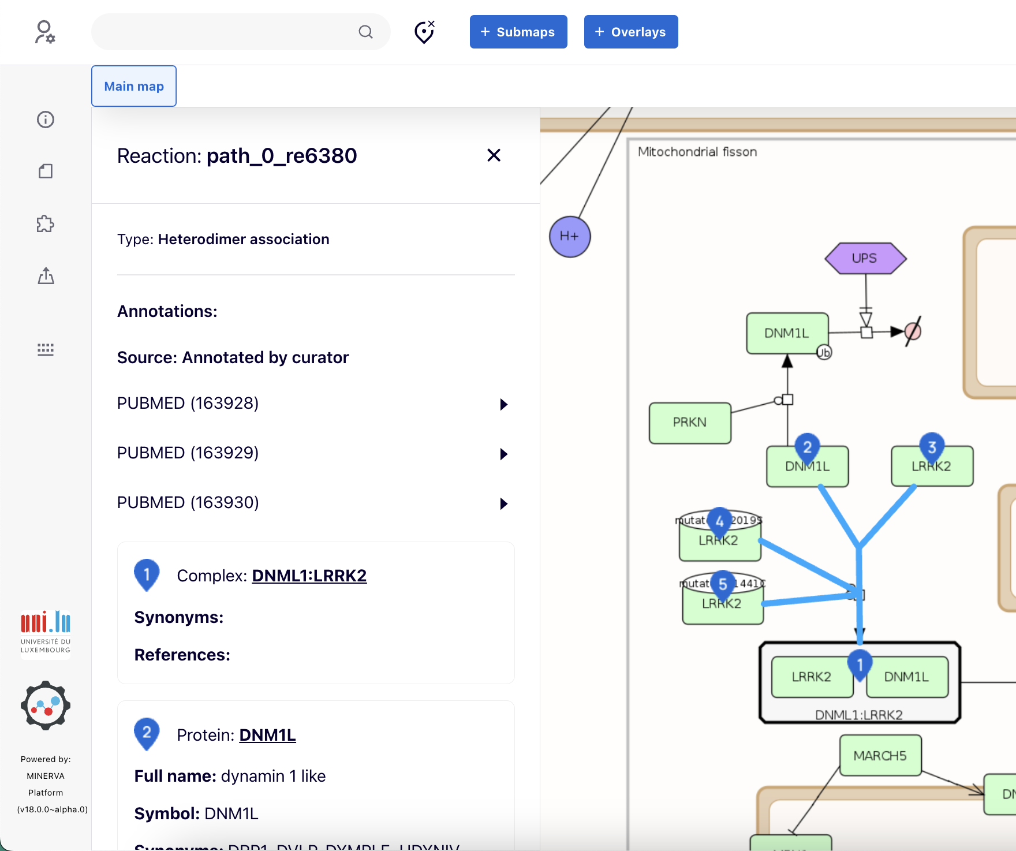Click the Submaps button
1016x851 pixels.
518,32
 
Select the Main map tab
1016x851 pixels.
134,86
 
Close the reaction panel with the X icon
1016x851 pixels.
494,155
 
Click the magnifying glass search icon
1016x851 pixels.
365,32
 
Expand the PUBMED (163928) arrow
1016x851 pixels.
503,404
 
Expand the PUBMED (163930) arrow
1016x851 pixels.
503,503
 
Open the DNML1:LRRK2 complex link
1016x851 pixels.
309,576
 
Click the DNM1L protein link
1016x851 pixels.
267,735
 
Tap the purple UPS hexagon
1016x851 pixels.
865,258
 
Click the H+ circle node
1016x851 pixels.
569,237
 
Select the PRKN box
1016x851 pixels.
689,423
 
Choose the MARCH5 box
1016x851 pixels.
880,755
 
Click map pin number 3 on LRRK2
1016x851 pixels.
932,446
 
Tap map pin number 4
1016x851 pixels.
719,521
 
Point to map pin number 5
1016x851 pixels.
723,583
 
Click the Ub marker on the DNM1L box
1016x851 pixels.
824,352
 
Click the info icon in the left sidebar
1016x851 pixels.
46,120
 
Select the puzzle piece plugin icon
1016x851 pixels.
46,224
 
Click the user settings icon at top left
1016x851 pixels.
45,32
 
